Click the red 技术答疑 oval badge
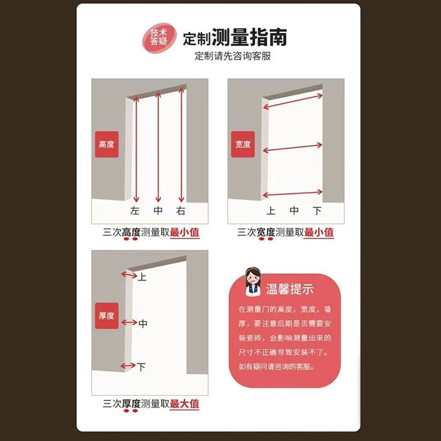pyautogui.click(x=159, y=38)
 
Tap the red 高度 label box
pyautogui.click(x=106, y=144)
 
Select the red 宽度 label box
pyautogui.click(x=243, y=144)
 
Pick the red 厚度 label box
pyautogui.click(x=106, y=316)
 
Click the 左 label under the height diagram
pyautogui.click(x=135, y=211)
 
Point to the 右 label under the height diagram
pyautogui.click(x=181, y=211)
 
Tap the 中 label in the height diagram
pyautogui.click(x=158, y=211)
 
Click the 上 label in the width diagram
pyautogui.click(x=271, y=211)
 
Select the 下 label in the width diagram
pyautogui.click(x=318, y=211)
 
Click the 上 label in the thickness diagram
pyautogui.click(x=142, y=277)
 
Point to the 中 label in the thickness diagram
pyautogui.click(x=143, y=323)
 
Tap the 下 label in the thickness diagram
pyautogui.click(x=141, y=367)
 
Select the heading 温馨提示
pyautogui.click(x=290, y=289)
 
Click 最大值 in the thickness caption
pyautogui.click(x=185, y=404)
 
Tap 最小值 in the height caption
pyautogui.click(x=185, y=233)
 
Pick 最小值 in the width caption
pyautogui.click(x=319, y=233)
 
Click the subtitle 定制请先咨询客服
pyautogui.click(x=233, y=56)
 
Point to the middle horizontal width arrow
pyautogui.click(x=292, y=148)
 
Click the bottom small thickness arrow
pyautogui.click(x=128, y=366)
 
